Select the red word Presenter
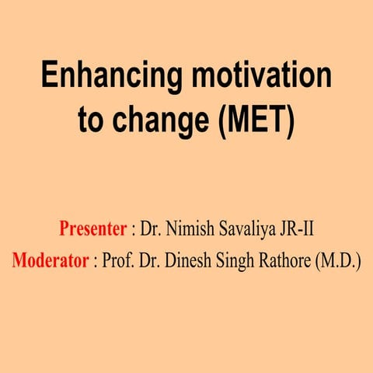(x=92, y=230)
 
